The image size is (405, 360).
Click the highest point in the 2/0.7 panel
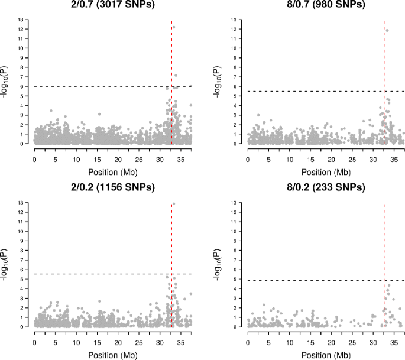(174, 27)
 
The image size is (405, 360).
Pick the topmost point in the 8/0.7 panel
(387, 30)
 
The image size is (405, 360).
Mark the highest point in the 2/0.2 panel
(174, 203)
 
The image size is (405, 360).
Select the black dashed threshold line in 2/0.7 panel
(89, 86)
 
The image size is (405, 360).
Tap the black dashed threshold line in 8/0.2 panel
(307, 280)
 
